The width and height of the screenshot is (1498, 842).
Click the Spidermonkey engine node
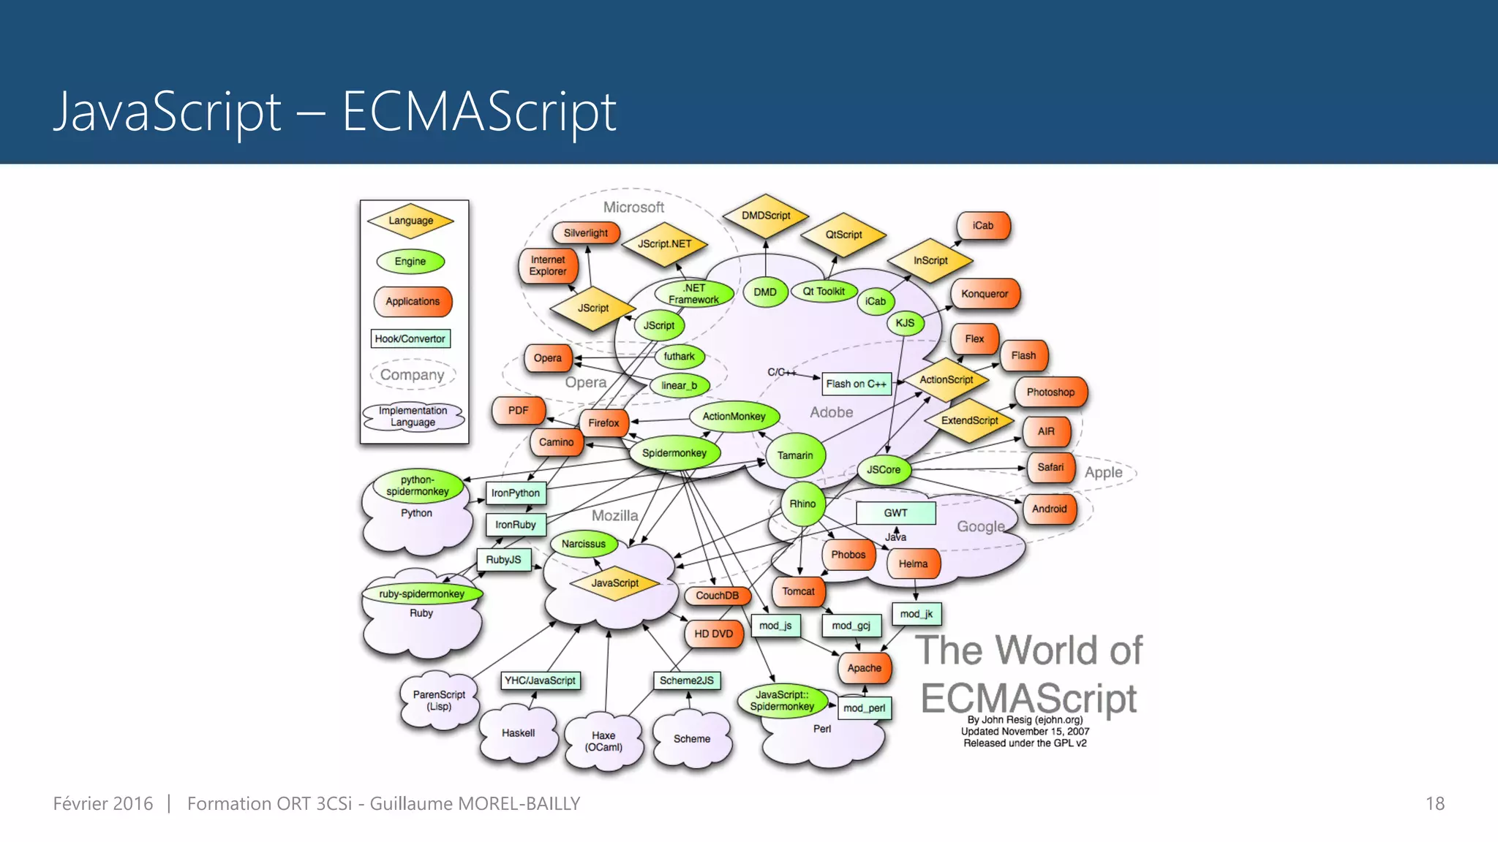pyautogui.click(x=674, y=453)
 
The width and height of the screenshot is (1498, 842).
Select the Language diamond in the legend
pyautogui.click(x=410, y=221)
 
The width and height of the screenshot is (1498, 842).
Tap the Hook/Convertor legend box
pyautogui.click(x=410, y=338)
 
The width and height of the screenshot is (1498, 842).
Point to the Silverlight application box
pyautogui.click(x=586, y=233)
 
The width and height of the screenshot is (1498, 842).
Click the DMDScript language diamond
pyautogui.click(x=766, y=216)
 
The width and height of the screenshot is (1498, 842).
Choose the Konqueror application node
pyautogui.click(x=985, y=294)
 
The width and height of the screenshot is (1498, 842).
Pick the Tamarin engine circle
pyautogui.click(x=795, y=455)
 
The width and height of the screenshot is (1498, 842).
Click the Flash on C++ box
pyautogui.click(x=856, y=384)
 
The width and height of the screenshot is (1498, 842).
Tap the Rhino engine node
pyautogui.click(x=802, y=504)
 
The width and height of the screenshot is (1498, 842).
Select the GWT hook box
pyautogui.click(x=895, y=513)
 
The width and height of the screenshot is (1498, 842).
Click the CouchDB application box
pyautogui.click(x=717, y=596)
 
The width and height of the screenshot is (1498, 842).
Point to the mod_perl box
pyautogui.click(x=864, y=708)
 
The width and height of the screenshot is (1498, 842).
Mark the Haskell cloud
pyautogui.click(x=518, y=733)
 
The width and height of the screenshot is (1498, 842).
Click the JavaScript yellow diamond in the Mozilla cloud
pyautogui.click(x=614, y=583)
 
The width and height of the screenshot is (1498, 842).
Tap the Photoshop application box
pyautogui.click(x=1050, y=392)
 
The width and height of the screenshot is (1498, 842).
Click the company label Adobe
pyautogui.click(x=831, y=412)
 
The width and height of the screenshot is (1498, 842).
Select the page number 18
pyautogui.click(x=1434, y=804)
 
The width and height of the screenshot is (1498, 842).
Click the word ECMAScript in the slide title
pyautogui.click(x=479, y=112)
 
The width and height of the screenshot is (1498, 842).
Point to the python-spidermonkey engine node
pyautogui.click(x=418, y=486)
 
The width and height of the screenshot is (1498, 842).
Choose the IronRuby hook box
pyautogui.click(x=516, y=525)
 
